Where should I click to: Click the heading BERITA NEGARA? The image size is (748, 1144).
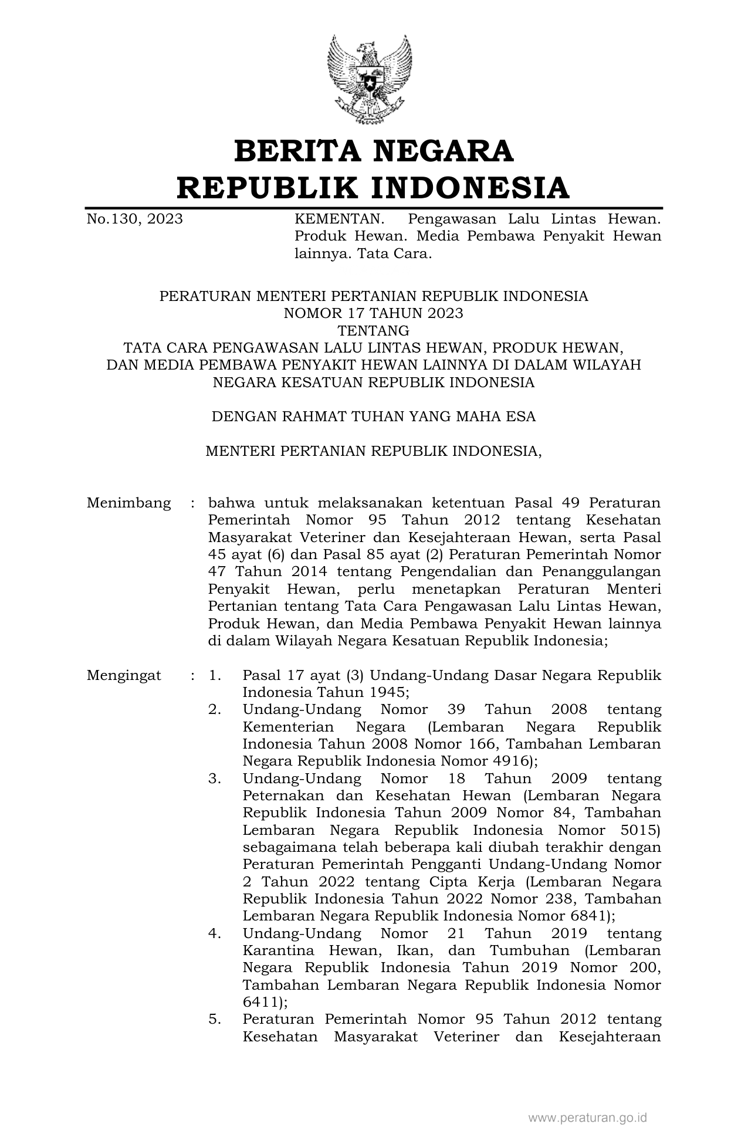tap(374, 151)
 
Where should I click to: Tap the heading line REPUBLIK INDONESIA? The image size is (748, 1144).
tap(374, 188)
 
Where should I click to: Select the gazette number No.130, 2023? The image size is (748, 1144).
tap(135, 219)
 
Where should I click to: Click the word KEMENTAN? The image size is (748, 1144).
tap(339, 219)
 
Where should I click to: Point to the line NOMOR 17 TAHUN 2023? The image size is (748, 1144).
tap(374, 313)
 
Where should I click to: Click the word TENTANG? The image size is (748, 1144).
tap(374, 330)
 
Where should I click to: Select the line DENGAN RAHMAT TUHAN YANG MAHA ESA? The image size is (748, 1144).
tap(374, 417)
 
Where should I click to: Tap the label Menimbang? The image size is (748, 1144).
tap(129, 503)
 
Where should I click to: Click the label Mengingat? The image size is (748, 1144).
tap(124, 675)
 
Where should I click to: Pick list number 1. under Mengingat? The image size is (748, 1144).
tap(215, 675)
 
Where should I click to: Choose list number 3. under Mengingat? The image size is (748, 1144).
tap(215, 779)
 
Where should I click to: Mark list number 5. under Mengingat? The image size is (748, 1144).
tap(215, 1020)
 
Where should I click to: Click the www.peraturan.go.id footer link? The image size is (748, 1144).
tap(587, 1118)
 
